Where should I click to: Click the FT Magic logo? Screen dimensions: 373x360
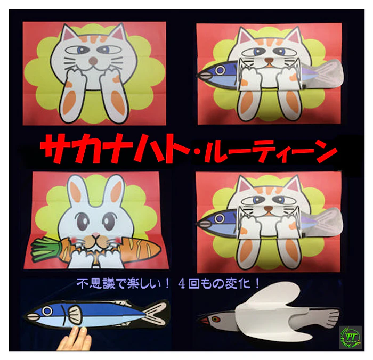pyautogui.click(x=351, y=338)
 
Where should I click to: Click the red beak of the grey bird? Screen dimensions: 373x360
pyautogui.click(x=203, y=321)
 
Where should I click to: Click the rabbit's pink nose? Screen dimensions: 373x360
pyautogui.click(x=95, y=235)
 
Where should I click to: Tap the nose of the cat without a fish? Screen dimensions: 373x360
pyautogui.click(x=93, y=61)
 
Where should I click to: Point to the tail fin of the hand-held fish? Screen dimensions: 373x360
pyautogui.click(x=156, y=313)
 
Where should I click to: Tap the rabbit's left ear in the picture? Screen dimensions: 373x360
pyautogui.click(x=75, y=190)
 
